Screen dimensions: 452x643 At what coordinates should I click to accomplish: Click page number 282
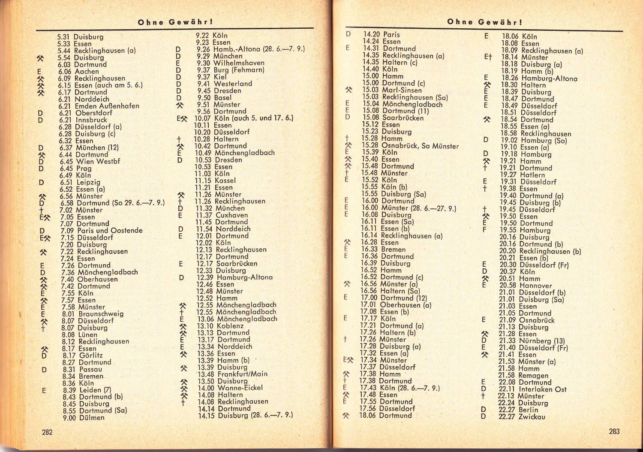(47, 432)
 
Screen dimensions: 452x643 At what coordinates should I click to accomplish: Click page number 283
(614, 431)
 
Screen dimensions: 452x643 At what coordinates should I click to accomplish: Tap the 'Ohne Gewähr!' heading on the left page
(175, 22)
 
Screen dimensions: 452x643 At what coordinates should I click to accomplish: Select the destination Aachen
(87, 72)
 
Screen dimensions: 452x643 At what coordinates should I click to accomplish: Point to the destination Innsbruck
(91, 120)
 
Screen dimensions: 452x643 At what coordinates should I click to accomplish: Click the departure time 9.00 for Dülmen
(69, 418)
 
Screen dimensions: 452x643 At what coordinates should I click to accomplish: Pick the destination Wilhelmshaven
(239, 63)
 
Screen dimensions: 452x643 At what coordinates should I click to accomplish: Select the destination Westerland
(233, 84)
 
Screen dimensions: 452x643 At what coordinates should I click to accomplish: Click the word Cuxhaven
(232, 215)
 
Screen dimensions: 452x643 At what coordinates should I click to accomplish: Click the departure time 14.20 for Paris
(371, 34)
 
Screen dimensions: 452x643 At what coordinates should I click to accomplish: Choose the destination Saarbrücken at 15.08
(403, 118)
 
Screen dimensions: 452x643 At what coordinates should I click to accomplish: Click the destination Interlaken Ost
(543, 389)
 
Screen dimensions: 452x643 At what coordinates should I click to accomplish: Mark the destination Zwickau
(532, 417)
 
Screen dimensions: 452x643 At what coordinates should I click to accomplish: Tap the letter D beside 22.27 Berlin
(484, 410)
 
